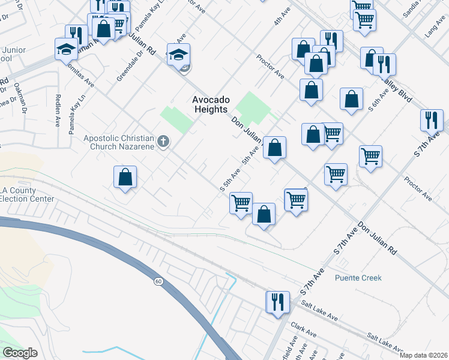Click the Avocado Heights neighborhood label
point(209,104)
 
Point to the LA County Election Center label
point(27,194)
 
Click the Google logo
point(19,353)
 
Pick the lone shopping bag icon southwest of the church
point(125,176)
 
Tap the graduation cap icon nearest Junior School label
point(65,50)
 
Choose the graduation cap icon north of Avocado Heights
point(178,54)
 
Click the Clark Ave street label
point(304,329)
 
